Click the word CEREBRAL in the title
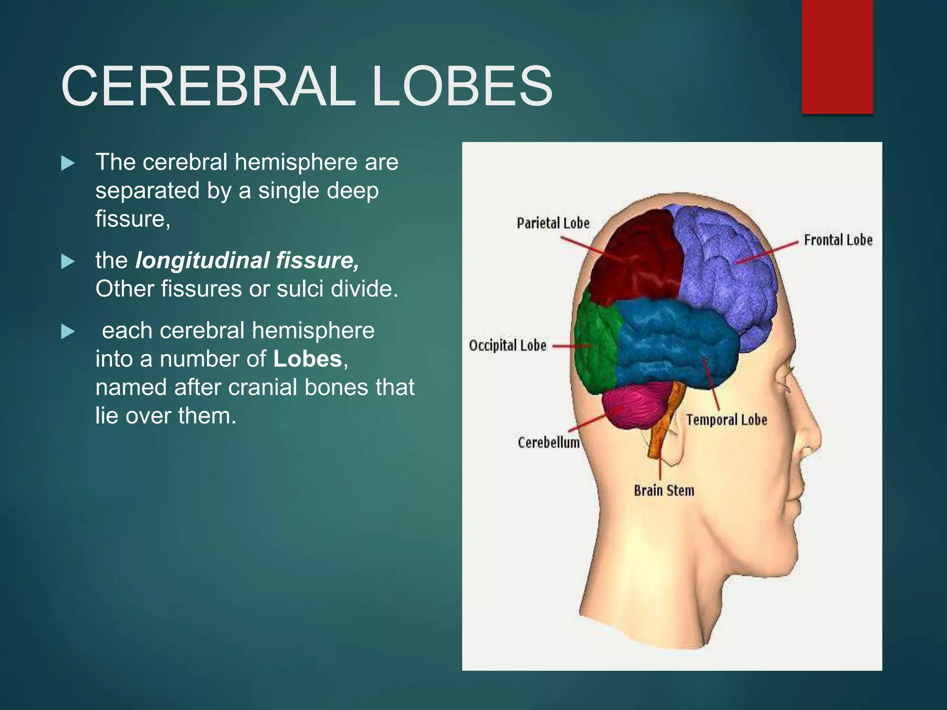(x=208, y=86)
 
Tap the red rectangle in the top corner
(x=837, y=56)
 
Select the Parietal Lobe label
(x=553, y=223)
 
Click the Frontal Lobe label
(x=838, y=240)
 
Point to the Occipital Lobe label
(x=508, y=345)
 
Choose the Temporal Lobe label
(x=726, y=420)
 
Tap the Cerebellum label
(x=548, y=442)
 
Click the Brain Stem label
(x=664, y=490)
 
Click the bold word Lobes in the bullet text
(x=307, y=359)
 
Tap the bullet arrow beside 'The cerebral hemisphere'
(x=68, y=163)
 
